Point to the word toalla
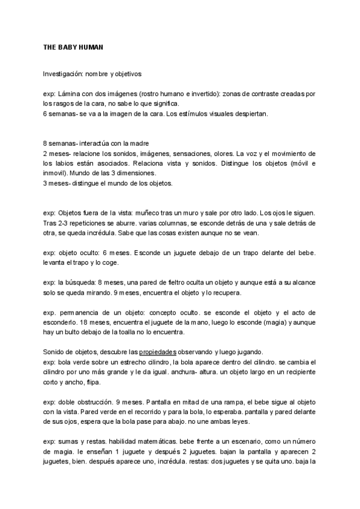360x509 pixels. [x=130, y=333]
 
